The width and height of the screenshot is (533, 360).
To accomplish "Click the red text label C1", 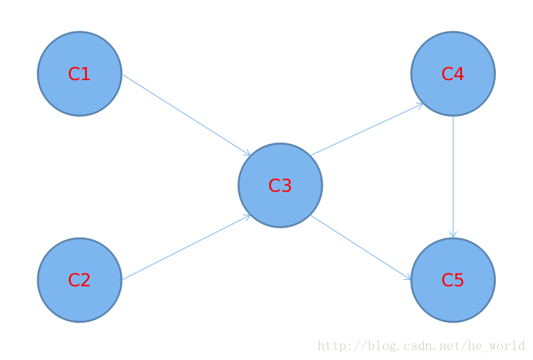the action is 79,74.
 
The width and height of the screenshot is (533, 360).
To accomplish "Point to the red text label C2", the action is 79,280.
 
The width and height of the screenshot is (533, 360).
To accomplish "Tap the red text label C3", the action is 280,185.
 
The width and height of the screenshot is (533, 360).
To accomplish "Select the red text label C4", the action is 453,74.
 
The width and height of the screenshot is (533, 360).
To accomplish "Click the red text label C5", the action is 453,280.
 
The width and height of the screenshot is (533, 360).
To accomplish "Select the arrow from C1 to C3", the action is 185,115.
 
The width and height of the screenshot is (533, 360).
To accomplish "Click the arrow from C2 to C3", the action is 185,247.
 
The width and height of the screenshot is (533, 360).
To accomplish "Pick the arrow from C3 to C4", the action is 366,130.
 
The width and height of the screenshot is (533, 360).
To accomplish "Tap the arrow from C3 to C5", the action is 361,247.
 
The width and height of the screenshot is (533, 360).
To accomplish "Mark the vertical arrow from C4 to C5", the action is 453,175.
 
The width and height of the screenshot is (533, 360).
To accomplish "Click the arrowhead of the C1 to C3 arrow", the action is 248,153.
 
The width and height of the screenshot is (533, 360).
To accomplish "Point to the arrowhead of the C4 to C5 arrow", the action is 453,235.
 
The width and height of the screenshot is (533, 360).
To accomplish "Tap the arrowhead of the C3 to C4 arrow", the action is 420,105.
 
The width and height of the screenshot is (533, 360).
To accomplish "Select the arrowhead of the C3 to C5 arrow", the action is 409,278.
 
